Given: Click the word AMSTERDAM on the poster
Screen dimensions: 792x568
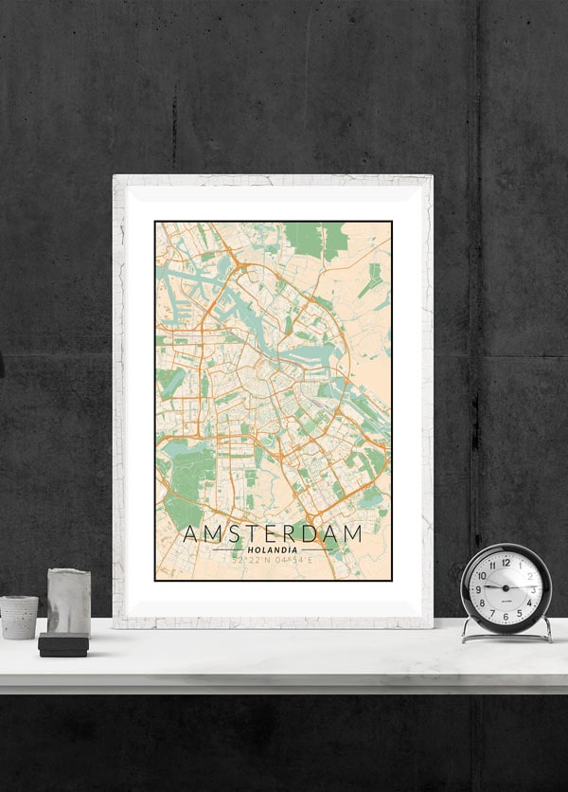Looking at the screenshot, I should tap(273, 533).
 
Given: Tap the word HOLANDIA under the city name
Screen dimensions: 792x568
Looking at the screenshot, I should tap(273, 549).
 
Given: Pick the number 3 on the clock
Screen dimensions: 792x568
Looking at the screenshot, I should tap(533, 589).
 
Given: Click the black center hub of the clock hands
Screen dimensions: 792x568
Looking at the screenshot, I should tap(505, 589).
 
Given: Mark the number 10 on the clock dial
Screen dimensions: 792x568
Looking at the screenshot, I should tap(481, 575).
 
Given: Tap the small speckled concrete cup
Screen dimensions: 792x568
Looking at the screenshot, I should tap(19, 617).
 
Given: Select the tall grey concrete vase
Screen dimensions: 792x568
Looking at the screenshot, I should tap(68, 603).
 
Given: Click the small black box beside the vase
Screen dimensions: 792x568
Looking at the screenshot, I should tap(63, 645).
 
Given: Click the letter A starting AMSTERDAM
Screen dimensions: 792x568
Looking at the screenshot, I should tap(190, 533).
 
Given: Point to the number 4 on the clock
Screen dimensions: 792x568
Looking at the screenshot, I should tap(529, 603).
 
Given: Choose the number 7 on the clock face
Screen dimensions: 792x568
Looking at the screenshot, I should tap(491, 614).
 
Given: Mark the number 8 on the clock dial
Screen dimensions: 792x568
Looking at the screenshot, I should tap(481, 603).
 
